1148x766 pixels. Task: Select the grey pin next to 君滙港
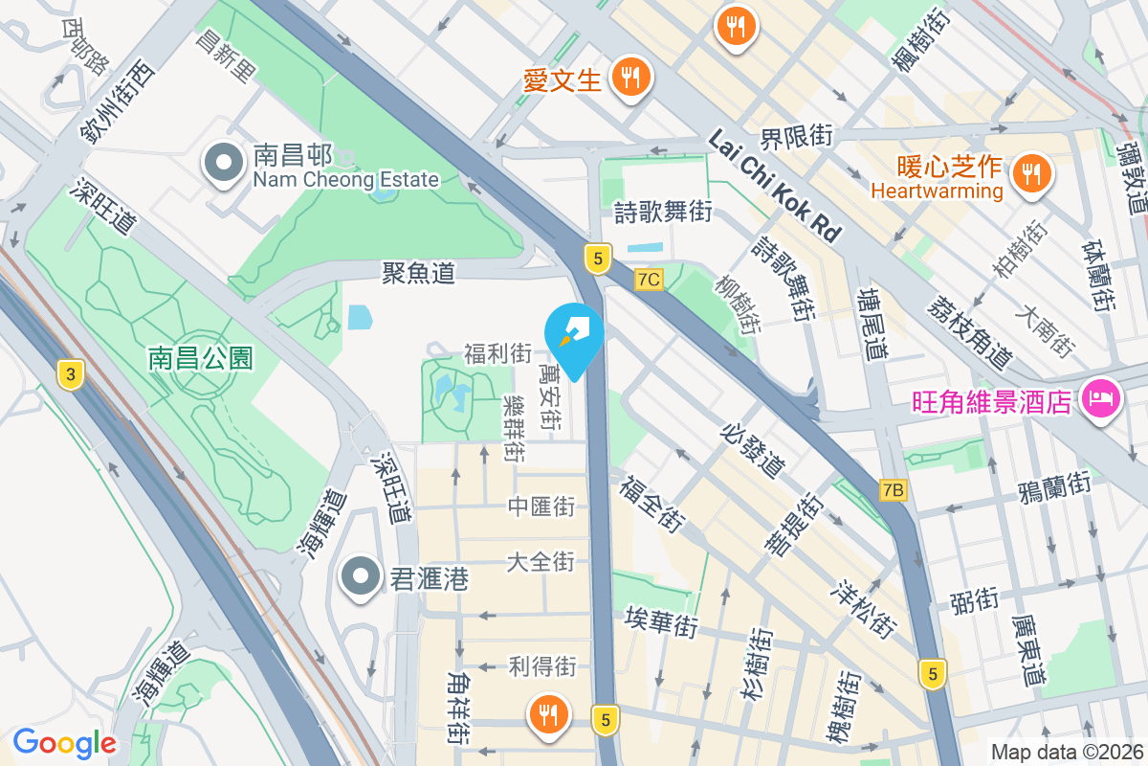click(361, 577)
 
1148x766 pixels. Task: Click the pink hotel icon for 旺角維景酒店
click(1100, 398)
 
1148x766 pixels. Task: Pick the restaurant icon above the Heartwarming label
click(1030, 173)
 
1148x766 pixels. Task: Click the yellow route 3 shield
click(68, 374)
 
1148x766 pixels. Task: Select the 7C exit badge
click(649, 279)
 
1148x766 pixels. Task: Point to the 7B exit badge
click(893, 490)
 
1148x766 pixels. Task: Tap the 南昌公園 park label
click(200, 358)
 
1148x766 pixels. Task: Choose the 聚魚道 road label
click(418, 274)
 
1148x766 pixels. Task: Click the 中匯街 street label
click(541, 506)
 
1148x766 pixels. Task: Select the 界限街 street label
click(796, 136)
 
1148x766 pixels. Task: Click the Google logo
click(64, 743)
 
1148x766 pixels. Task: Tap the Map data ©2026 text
click(1066, 752)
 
